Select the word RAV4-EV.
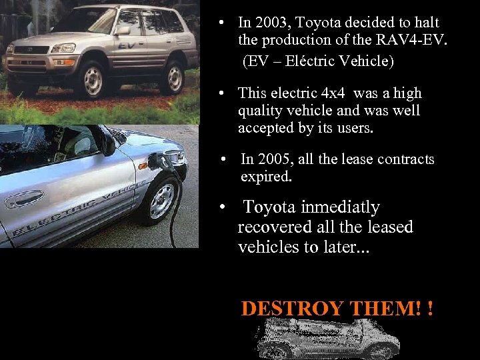(x=419, y=42)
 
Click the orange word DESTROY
(x=289, y=309)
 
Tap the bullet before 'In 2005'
(x=227, y=159)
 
